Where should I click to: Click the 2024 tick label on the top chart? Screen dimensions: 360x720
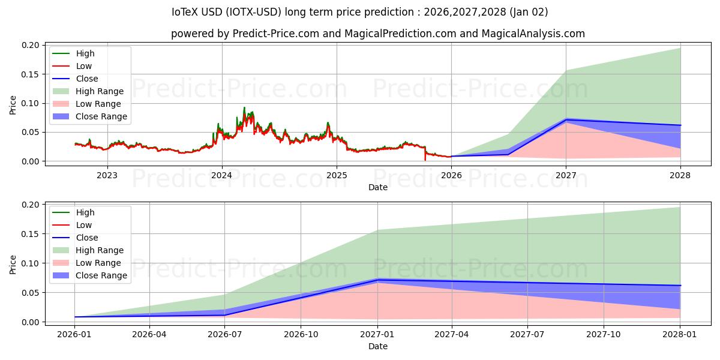pyautogui.click(x=222, y=175)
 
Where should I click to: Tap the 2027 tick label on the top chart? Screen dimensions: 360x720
pyautogui.click(x=566, y=175)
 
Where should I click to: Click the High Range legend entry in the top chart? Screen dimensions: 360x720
pyautogui.click(x=99, y=91)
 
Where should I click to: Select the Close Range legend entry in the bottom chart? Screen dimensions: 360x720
pyautogui.click(x=101, y=275)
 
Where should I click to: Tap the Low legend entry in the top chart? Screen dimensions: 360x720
pyautogui.click(x=83, y=66)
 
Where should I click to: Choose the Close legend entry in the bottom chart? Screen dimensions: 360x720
pyautogui.click(x=86, y=238)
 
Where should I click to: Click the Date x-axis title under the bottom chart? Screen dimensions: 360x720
pyautogui.click(x=377, y=347)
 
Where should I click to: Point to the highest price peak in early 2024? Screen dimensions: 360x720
pyautogui.click(x=244, y=108)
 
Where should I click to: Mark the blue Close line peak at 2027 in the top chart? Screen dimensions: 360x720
pyautogui.click(x=566, y=119)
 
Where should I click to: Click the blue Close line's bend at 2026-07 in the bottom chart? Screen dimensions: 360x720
pyautogui.click(x=224, y=315)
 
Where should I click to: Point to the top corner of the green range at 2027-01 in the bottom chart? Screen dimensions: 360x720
pyautogui.click(x=377, y=230)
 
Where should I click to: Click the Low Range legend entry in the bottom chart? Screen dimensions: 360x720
pyautogui.click(x=98, y=263)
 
